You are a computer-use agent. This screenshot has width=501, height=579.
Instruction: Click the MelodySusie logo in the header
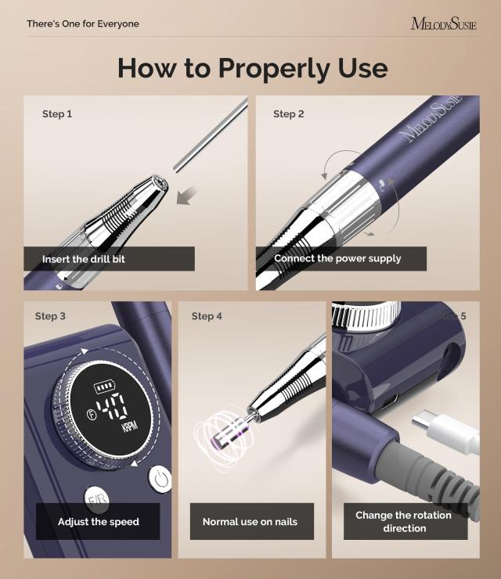tap(443, 23)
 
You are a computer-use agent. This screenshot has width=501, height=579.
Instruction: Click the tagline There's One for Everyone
tap(83, 23)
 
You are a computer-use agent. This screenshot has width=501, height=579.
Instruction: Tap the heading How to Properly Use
tap(252, 68)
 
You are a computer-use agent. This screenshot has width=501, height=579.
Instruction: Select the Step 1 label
tap(57, 114)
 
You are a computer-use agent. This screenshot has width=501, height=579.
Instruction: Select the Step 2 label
tap(289, 114)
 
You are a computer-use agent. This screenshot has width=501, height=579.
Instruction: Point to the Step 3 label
tap(50, 316)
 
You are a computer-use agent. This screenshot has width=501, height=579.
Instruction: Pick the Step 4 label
tap(207, 316)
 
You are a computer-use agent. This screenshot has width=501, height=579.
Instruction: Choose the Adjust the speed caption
tap(98, 521)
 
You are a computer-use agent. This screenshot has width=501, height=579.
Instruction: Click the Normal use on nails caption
tap(250, 521)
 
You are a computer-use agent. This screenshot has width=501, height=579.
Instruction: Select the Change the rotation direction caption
tap(404, 521)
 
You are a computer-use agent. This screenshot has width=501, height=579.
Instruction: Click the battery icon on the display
tap(104, 387)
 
